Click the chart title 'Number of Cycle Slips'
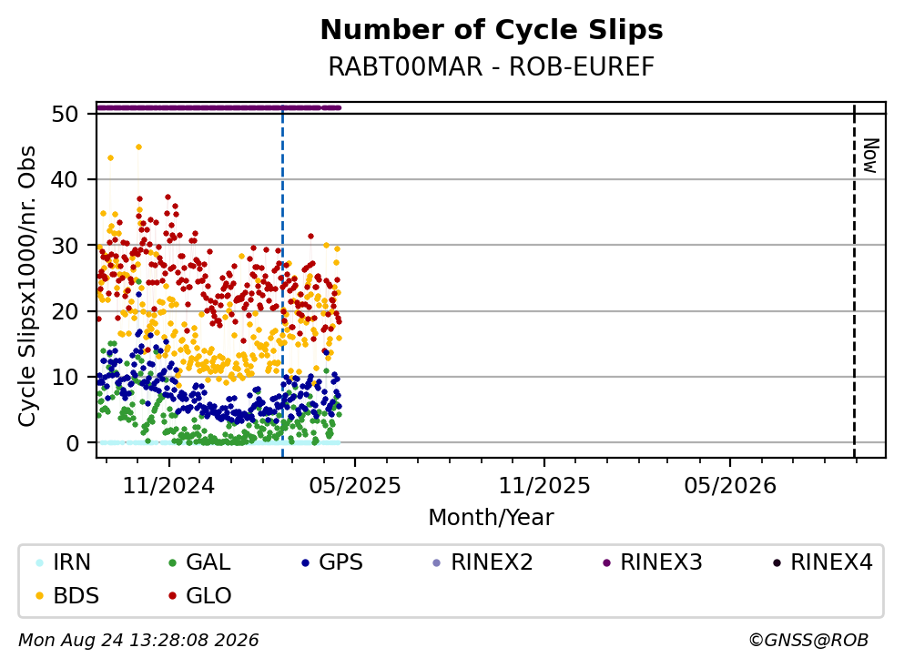pyautogui.click(x=492, y=30)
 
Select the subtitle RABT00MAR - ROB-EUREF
pyautogui.click(x=492, y=66)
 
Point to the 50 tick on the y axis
pyautogui.click(x=66, y=114)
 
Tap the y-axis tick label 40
pyautogui.click(x=66, y=180)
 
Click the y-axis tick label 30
pyautogui.click(x=66, y=246)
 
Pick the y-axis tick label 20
pyautogui.click(x=66, y=311)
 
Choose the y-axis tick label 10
pyautogui.click(x=66, y=377)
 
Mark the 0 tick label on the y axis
pyautogui.click(x=73, y=443)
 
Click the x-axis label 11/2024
pyautogui.click(x=169, y=486)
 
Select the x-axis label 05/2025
pyautogui.click(x=354, y=486)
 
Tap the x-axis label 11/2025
pyautogui.click(x=544, y=486)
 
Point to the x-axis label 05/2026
pyautogui.click(x=730, y=486)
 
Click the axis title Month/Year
pyautogui.click(x=492, y=518)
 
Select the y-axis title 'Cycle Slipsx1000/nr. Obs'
pyautogui.click(x=26, y=287)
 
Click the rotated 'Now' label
pyautogui.click(x=870, y=156)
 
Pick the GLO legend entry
pyautogui.click(x=200, y=595)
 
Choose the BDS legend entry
pyautogui.click(x=67, y=595)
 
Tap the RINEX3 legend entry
pyautogui.click(x=653, y=562)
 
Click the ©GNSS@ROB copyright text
pyautogui.click(x=808, y=641)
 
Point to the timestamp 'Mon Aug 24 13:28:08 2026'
pyautogui.click(x=139, y=641)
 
